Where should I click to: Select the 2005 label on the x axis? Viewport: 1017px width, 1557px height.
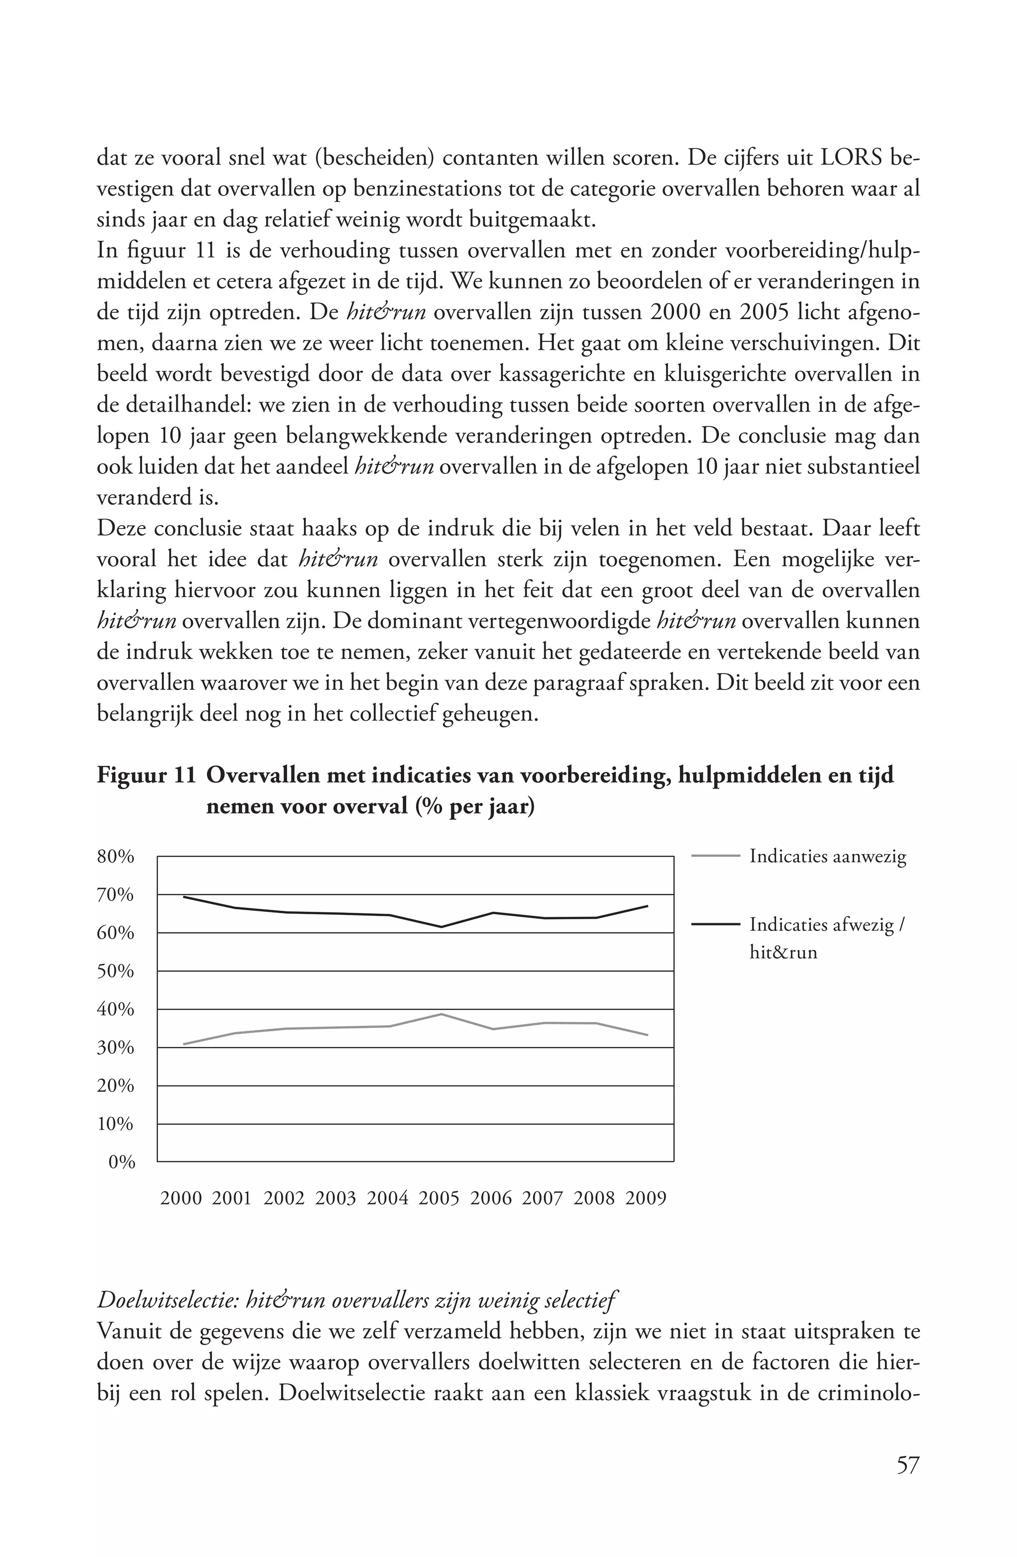[x=439, y=1199]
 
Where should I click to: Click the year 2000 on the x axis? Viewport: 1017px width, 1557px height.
[x=181, y=1199]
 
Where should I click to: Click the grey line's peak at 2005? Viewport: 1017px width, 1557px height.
[x=442, y=1014]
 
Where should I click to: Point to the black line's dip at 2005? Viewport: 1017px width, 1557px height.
[x=442, y=927]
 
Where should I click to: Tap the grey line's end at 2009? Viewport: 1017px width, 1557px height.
[x=647, y=1035]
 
